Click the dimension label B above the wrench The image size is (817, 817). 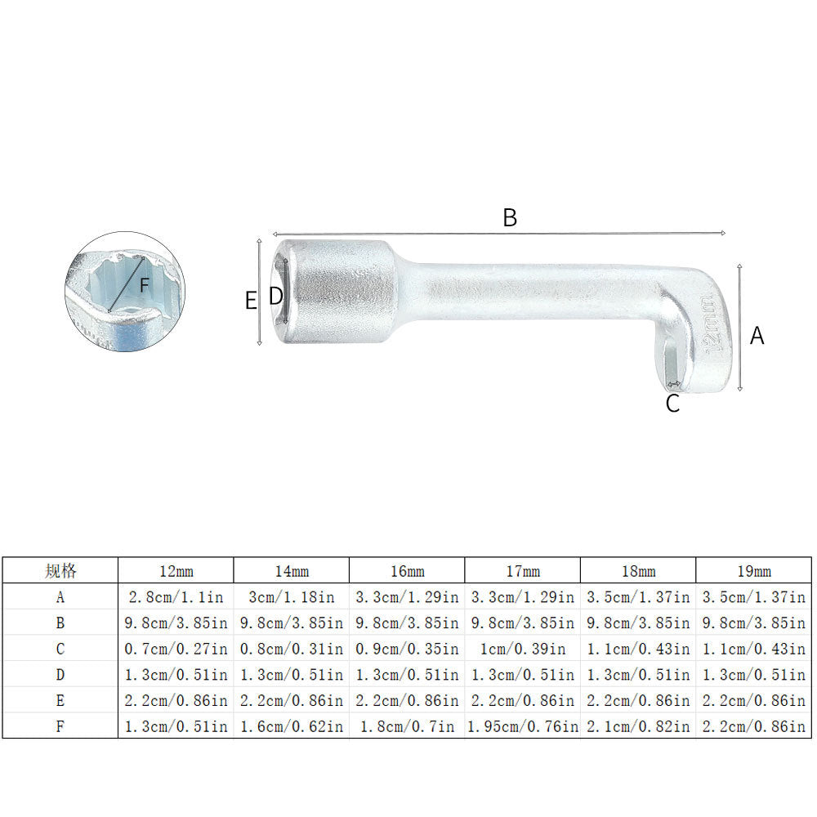point(509,218)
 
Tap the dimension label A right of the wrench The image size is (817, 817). point(757,335)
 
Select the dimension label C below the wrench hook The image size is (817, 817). point(672,404)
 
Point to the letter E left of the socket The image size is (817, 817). point(251,301)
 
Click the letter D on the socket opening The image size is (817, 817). point(276,296)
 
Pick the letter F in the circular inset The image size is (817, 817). point(144,286)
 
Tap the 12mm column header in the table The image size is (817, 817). point(176,571)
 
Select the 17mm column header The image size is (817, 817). point(522,571)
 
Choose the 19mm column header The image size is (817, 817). point(753,571)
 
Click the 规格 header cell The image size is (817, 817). point(60,571)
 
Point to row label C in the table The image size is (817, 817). point(60,649)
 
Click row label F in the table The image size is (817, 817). point(60,725)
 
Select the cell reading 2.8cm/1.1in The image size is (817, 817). point(176,597)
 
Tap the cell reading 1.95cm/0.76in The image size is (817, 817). point(522,725)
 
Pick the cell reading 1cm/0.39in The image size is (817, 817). point(522,649)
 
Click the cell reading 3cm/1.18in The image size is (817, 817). point(292,597)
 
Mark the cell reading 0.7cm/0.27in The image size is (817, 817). point(176,649)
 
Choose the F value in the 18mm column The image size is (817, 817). point(638,725)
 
